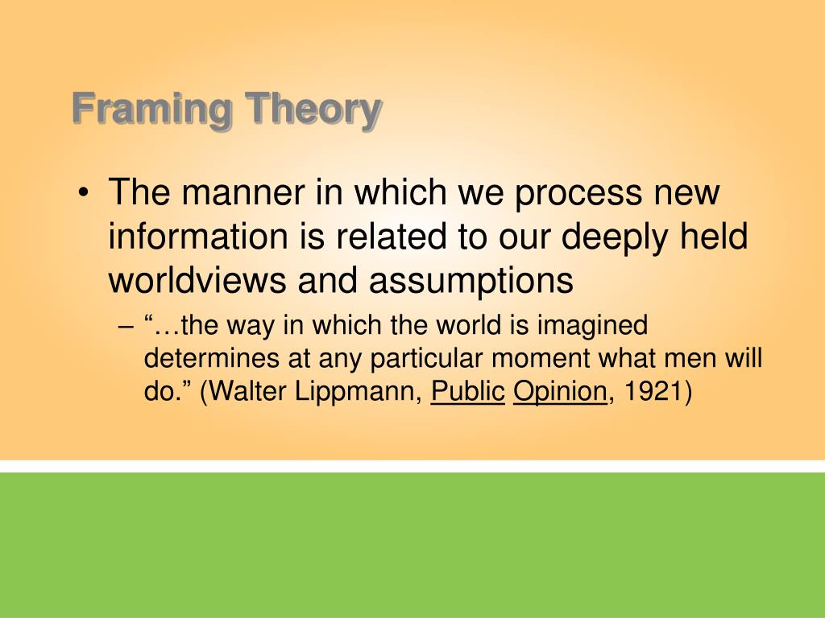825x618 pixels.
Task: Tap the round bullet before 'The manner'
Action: click(85, 195)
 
